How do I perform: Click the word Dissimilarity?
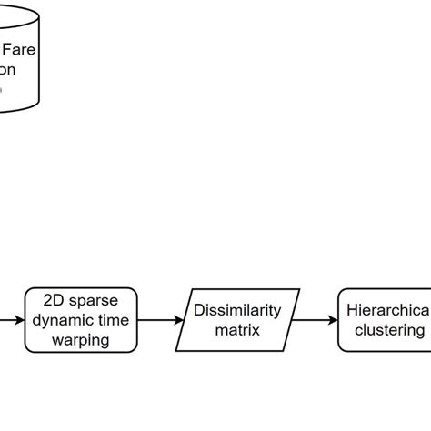[x=238, y=310]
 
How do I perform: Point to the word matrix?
[x=238, y=330]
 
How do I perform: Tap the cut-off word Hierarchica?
[x=387, y=310]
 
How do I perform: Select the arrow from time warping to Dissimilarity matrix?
[x=160, y=320]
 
